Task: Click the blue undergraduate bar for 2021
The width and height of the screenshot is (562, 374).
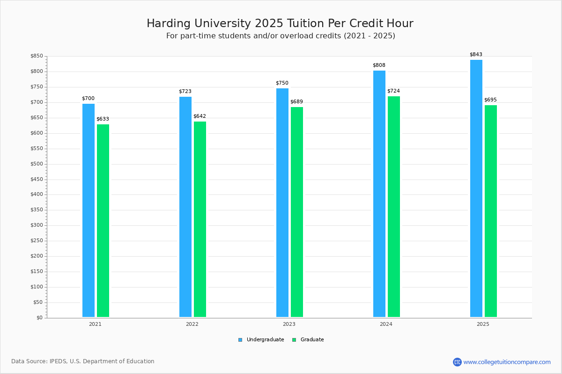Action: pyautogui.click(x=89, y=210)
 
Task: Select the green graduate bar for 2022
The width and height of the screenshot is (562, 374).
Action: pyautogui.click(x=200, y=219)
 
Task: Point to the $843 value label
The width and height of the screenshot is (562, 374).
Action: pyautogui.click(x=476, y=54)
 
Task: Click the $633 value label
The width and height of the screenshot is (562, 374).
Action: pyautogui.click(x=103, y=119)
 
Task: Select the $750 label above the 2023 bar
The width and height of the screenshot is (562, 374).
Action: pyautogui.click(x=282, y=83)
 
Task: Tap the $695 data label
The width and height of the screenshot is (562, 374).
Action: pyautogui.click(x=490, y=100)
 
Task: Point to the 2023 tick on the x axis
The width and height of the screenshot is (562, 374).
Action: pyautogui.click(x=289, y=324)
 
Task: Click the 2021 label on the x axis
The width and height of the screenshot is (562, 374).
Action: pyautogui.click(x=95, y=324)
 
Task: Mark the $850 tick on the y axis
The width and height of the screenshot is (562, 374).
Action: pyautogui.click(x=37, y=56)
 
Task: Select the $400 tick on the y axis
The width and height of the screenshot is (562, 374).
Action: pyautogui.click(x=37, y=194)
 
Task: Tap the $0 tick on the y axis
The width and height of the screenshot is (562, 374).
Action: pyautogui.click(x=39, y=318)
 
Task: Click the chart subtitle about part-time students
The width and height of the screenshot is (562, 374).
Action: pyautogui.click(x=281, y=36)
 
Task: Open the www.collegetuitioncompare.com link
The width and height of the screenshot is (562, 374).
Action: pyautogui.click(x=507, y=362)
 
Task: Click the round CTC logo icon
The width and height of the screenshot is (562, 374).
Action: pyautogui.click(x=457, y=362)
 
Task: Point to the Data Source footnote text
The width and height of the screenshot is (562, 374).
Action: pyautogui.click(x=83, y=361)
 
